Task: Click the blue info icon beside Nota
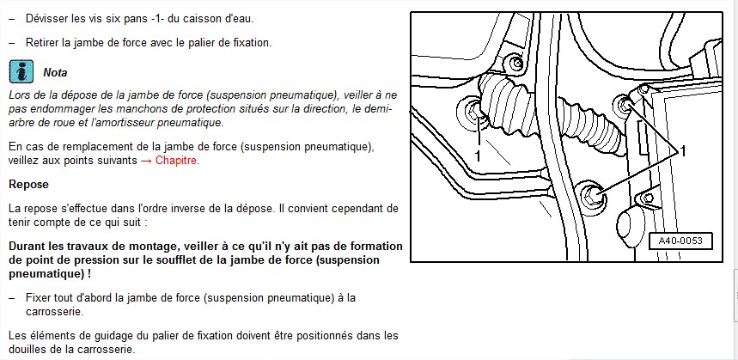(21, 72)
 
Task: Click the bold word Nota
(55, 73)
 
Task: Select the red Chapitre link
(176, 161)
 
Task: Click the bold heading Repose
(28, 184)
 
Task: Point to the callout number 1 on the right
(683, 151)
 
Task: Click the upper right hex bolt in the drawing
(625, 105)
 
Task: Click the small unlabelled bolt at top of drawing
(515, 64)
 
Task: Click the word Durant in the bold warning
(28, 246)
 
